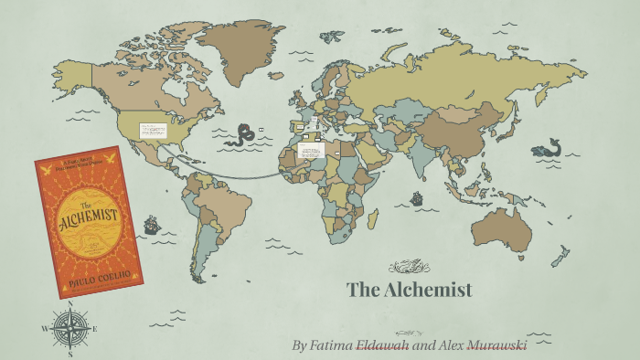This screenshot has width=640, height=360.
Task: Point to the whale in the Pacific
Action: click(x=549, y=148)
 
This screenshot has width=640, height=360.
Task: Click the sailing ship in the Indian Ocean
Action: click(x=417, y=197)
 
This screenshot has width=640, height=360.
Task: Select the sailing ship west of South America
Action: click(x=152, y=223)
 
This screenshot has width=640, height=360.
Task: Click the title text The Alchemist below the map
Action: click(x=410, y=291)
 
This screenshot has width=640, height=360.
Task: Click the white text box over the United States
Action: click(x=152, y=131)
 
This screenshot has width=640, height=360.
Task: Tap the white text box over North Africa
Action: click(x=311, y=148)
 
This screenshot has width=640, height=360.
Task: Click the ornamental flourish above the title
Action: click(x=409, y=267)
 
